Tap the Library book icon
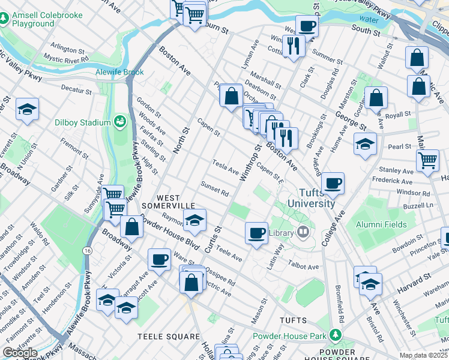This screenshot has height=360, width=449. pos(303,232)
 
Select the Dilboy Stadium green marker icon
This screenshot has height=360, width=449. pos(119,122)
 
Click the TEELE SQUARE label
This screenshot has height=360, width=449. pos(169,337)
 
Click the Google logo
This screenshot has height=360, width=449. pos(20,352)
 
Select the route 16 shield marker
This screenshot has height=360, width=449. pos(88,250)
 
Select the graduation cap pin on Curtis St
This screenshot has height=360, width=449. pos(194,220)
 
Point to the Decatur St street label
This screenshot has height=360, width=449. pos(76,92)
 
